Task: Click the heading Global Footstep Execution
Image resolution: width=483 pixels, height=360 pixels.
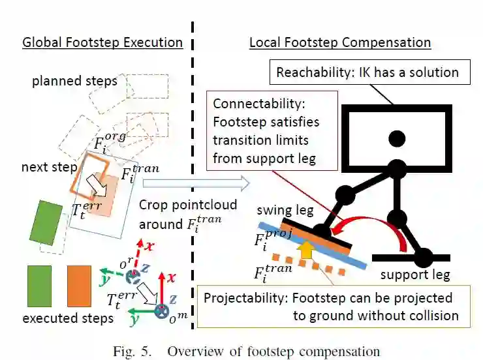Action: click(102, 43)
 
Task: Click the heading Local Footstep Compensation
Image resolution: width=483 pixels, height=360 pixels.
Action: click(340, 43)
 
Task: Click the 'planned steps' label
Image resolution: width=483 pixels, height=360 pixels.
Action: click(74, 82)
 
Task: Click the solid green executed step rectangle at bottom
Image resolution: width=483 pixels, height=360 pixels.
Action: click(39, 286)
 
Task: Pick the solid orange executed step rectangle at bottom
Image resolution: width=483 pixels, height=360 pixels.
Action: click(78, 286)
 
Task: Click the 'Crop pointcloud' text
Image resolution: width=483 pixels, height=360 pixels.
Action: click(179, 204)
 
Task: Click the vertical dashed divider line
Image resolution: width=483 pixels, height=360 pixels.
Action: click(193, 163)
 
